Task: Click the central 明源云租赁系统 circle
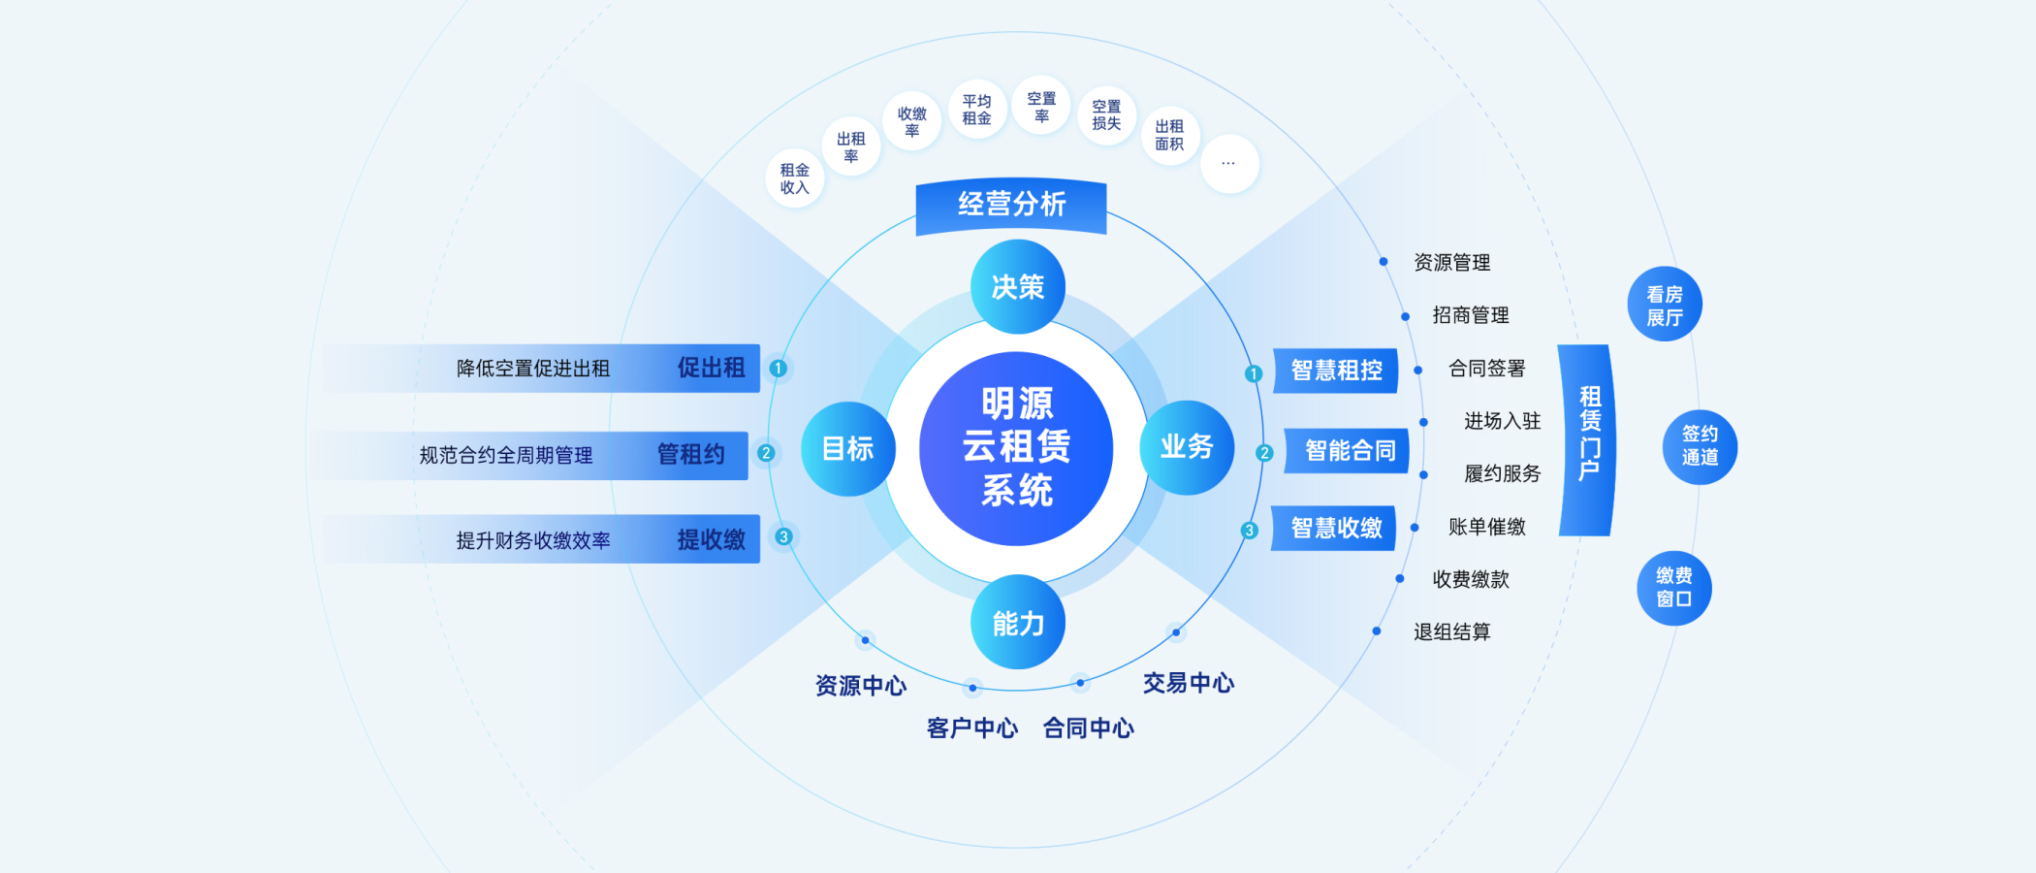pyautogui.click(x=1016, y=448)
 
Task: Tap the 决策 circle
pyautogui.click(x=1018, y=287)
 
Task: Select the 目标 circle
pyautogui.click(x=847, y=448)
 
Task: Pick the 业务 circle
pyautogui.click(x=1187, y=447)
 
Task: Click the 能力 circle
pyautogui.click(x=1018, y=623)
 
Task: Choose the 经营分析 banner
pyautogui.click(x=1011, y=205)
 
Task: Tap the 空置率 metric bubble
pyautogui.click(x=1041, y=107)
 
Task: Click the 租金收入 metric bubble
pyautogui.click(x=794, y=178)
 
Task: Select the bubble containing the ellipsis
pyautogui.click(x=1228, y=164)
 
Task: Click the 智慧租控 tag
pyautogui.click(x=1336, y=371)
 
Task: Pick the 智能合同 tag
pyautogui.click(x=1350, y=451)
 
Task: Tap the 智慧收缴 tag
pyautogui.click(x=1336, y=528)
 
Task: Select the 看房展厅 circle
pyautogui.click(x=1664, y=305)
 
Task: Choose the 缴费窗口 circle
pyautogui.click(x=1673, y=588)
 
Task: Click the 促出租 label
pyautogui.click(x=711, y=369)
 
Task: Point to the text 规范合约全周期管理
pyautogui.click(x=505, y=456)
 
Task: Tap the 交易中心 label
pyautogui.click(x=1188, y=684)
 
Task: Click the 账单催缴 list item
pyautogui.click(x=1486, y=527)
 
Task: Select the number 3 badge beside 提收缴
pyautogui.click(x=783, y=536)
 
